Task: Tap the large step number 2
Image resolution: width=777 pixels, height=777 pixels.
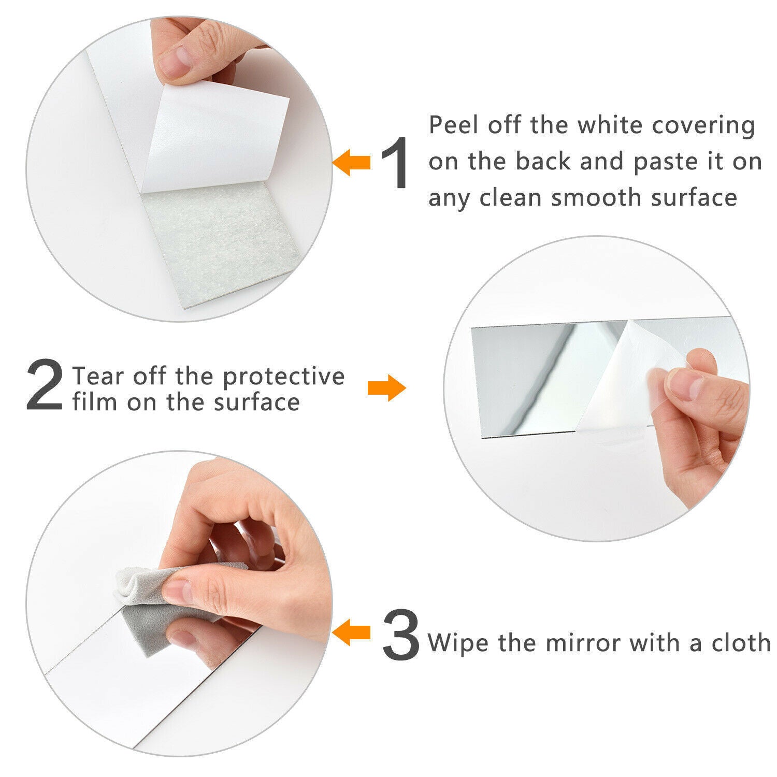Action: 45,385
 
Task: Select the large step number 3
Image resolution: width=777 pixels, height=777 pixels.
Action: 401,634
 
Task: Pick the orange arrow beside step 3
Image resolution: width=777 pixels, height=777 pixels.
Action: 351,632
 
